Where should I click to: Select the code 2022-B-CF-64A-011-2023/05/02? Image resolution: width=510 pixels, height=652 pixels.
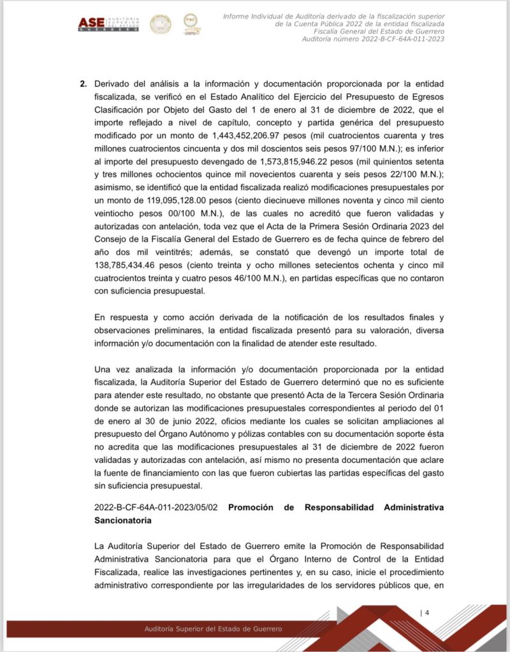(156, 507)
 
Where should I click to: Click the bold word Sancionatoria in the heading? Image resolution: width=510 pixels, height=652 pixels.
(122, 520)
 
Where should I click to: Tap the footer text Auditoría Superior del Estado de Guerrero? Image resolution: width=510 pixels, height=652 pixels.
(213, 629)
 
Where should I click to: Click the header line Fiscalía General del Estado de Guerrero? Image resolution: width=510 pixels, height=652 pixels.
(379, 31)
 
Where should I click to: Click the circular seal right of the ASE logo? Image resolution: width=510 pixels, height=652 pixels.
(160, 24)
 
